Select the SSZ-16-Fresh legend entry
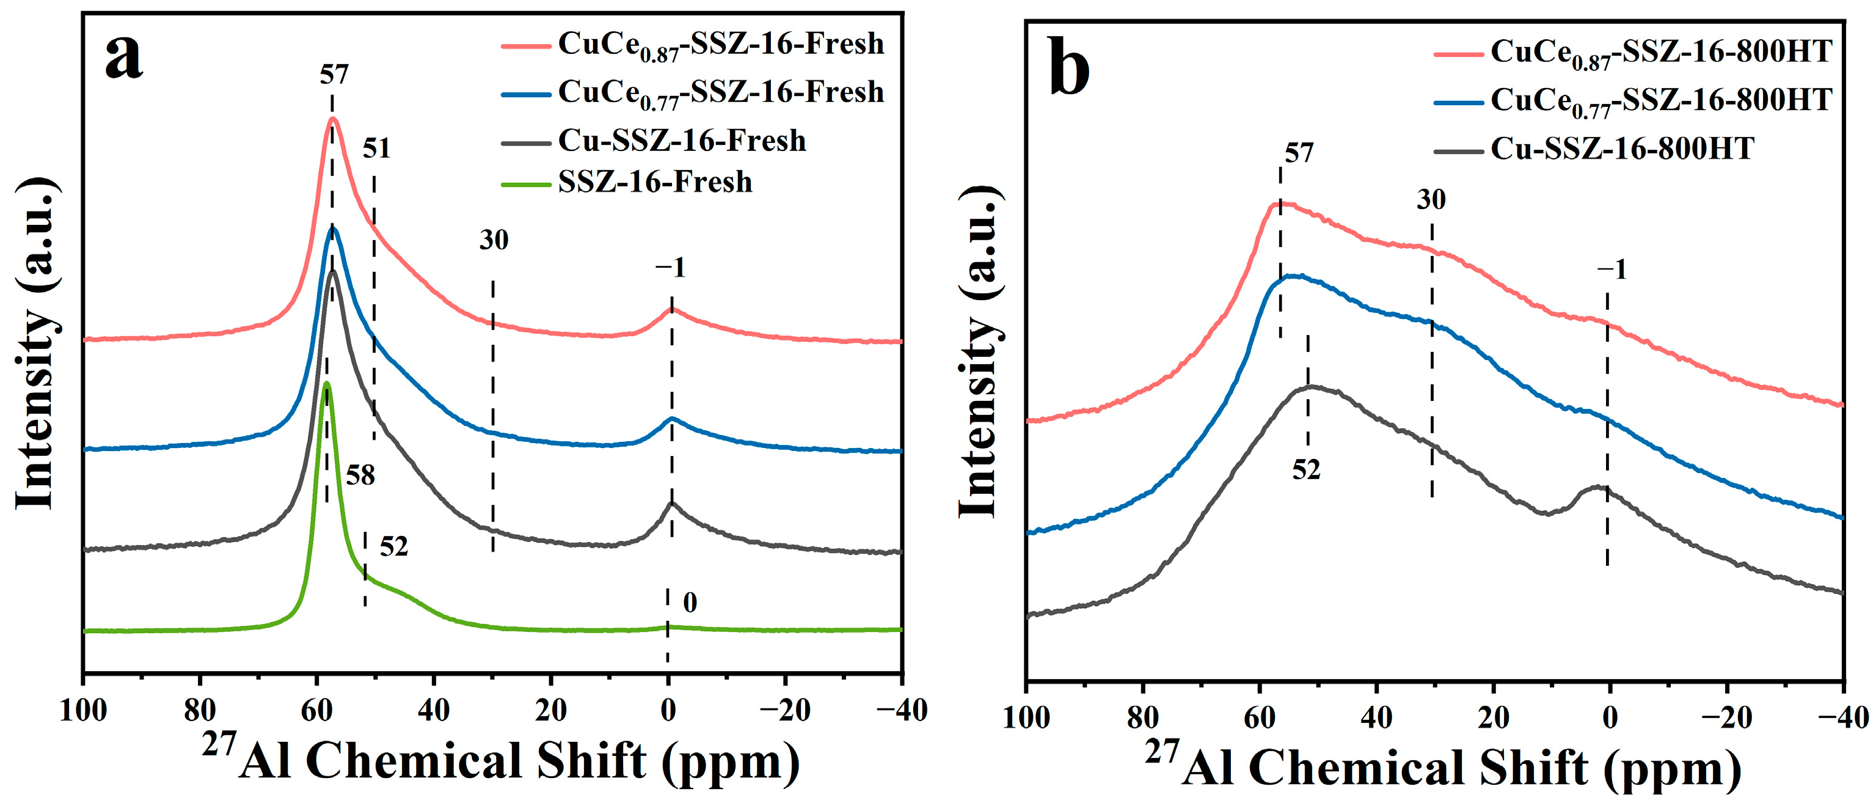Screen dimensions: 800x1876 (655, 182)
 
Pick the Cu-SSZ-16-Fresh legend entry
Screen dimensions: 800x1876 (682, 141)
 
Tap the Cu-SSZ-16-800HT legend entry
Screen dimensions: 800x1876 (1622, 149)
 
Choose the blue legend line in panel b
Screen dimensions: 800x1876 (1459, 102)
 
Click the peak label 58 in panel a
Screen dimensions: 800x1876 (360, 475)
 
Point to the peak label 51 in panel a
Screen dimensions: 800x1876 (376, 149)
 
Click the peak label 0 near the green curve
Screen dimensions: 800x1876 (690, 603)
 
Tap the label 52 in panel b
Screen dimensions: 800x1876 (1306, 470)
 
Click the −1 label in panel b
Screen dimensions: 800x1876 (1611, 270)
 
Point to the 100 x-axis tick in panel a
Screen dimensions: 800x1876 (83, 710)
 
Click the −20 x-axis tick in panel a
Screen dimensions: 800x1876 (784, 710)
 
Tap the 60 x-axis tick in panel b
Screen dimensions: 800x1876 (1259, 717)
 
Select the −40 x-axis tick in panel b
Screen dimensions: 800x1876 (1843, 717)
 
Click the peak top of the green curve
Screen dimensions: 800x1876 (327, 383)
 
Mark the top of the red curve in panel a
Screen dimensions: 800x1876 (333, 119)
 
